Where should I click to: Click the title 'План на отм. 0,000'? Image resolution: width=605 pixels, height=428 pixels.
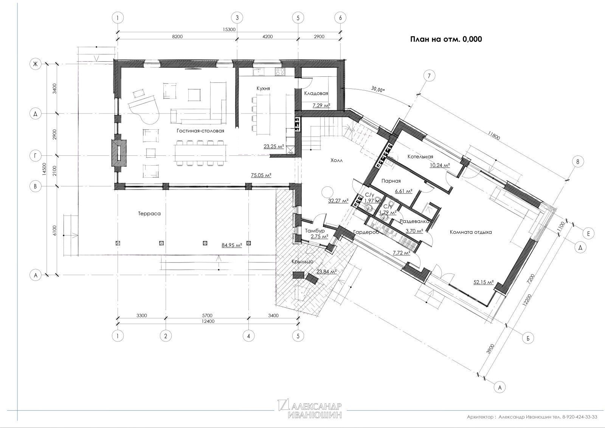click(446, 39)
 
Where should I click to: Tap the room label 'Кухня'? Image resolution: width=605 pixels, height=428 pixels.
click(263, 88)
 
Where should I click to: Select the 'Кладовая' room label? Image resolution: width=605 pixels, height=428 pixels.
click(316, 93)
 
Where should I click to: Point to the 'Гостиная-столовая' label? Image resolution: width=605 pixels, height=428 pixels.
click(200, 131)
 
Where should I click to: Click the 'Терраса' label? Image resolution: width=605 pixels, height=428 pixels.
click(149, 214)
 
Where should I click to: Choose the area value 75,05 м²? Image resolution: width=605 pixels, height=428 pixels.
click(261, 175)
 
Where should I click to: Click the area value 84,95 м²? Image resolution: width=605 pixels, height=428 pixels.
click(232, 245)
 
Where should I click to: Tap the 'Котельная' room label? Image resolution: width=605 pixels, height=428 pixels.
click(420, 157)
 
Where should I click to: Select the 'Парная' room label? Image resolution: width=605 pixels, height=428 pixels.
click(391, 181)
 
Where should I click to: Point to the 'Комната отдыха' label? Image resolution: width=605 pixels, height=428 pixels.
click(471, 232)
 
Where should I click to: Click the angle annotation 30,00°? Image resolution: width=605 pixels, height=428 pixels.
click(378, 89)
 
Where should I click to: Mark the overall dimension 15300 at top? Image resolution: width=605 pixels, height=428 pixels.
click(229, 29)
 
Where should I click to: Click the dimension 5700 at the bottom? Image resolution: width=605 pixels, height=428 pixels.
click(207, 315)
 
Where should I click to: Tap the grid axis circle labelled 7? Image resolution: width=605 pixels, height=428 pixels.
click(429, 76)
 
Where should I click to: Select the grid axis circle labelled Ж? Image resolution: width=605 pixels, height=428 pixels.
click(36, 64)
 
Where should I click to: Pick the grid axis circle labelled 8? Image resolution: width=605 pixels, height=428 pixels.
click(578, 162)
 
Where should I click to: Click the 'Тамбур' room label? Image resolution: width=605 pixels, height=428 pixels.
click(315, 231)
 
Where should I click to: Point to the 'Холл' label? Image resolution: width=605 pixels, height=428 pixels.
click(337, 160)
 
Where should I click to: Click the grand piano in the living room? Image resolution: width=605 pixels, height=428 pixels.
click(143, 108)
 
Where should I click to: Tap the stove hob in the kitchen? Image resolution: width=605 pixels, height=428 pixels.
click(280, 71)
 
